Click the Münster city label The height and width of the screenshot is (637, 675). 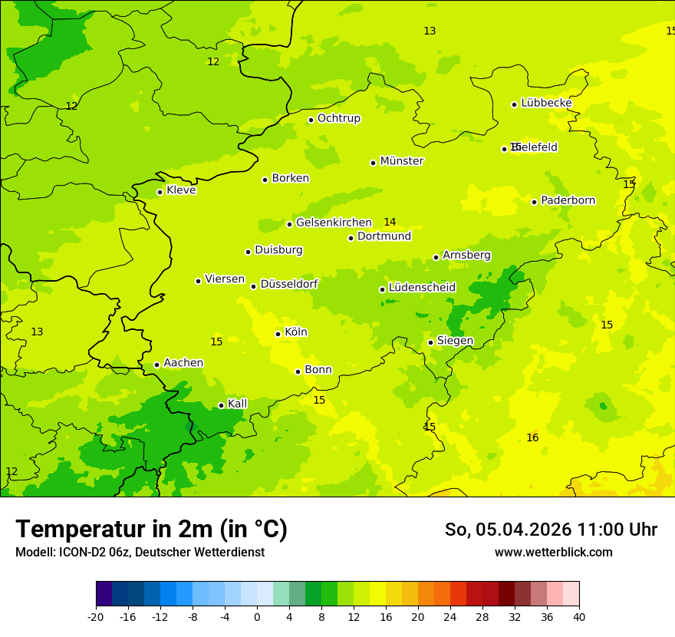401,161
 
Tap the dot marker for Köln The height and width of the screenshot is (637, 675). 278,334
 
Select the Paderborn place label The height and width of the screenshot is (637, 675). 568,200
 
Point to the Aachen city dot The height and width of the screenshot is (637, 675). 156,365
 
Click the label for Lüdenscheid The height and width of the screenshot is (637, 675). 422,288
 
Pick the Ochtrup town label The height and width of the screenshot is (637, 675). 338,118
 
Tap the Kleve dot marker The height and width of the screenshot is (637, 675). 160,192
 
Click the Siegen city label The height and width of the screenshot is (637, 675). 455,341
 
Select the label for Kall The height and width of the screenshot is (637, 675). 237,404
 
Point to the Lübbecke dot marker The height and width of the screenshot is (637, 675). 514,104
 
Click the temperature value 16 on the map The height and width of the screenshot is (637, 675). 532,438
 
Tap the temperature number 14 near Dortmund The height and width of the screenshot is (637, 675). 390,223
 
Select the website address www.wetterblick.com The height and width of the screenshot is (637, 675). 553,553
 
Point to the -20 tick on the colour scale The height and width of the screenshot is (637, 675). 96,617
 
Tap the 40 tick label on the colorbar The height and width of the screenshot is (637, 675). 579,617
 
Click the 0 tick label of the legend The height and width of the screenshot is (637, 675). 257,617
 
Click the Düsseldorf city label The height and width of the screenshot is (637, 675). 288,284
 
